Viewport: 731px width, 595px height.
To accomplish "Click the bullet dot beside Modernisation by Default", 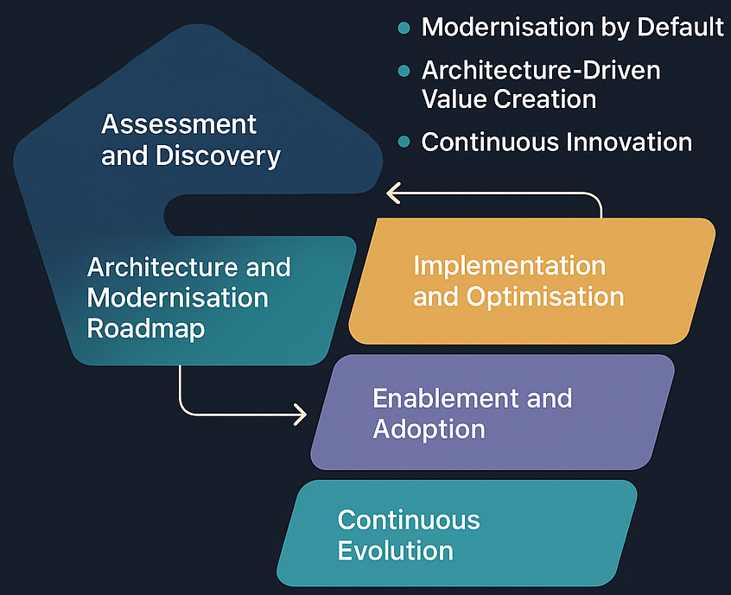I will pyautogui.click(x=402, y=28).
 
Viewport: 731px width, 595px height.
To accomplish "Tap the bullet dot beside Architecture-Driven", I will pyautogui.click(x=402, y=71).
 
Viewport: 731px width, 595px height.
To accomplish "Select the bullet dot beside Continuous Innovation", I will pyautogui.click(x=402, y=142).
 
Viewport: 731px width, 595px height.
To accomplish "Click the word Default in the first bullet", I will pyautogui.click(x=681, y=28).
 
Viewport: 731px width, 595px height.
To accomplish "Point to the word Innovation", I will pyautogui.click(x=632, y=142).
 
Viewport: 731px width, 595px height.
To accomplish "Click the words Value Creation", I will pyautogui.click(x=508, y=99).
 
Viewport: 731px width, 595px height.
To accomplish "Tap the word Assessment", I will pyautogui.click(x=179, y=124).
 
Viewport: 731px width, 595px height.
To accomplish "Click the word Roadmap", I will pyautogui.click(x=145, y=329).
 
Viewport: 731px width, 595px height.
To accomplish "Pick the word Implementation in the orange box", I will pyautogui.click(x=509, y=265).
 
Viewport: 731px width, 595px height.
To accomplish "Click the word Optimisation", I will pyautogui.click(x=545, y=296).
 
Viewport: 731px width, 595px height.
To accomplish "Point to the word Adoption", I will pyautogui.click(x=429, y=429).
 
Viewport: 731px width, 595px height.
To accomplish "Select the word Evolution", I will pyautogui.click(x=395, y=550).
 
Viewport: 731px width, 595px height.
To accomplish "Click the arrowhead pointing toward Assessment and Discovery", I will pyautogui.click(x=391, y=193).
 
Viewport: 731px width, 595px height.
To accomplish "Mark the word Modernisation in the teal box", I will pyautogui.click(x=177, y=298).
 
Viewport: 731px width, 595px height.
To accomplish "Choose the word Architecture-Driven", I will pyautogui.click(x=541, y=70).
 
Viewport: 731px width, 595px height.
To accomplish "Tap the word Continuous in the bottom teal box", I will pyautogui.click(x=408, y=520).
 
